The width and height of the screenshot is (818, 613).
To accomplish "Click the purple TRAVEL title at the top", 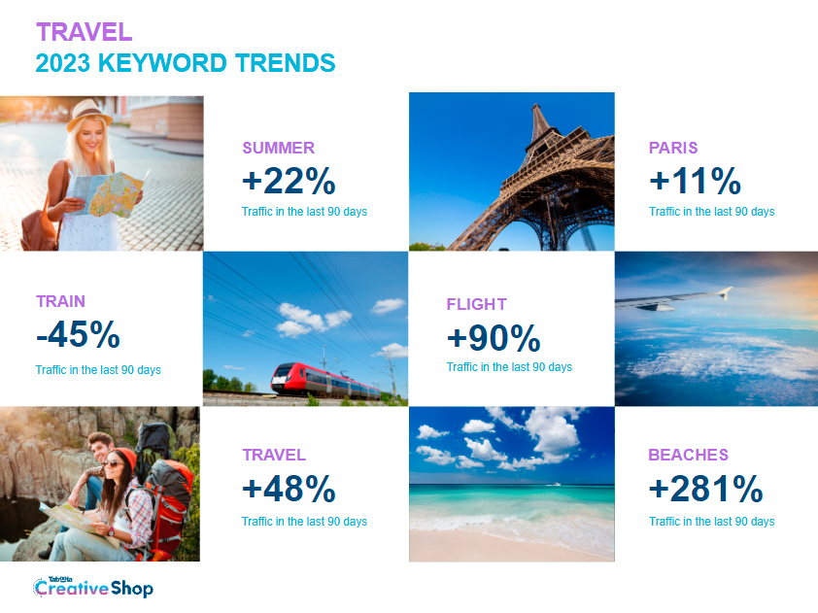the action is point(84,32).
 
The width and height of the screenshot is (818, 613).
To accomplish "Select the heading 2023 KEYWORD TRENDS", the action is point(186,63).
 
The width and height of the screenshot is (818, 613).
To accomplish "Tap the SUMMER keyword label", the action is point(279,148).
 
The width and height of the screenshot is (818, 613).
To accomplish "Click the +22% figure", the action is point(289,181).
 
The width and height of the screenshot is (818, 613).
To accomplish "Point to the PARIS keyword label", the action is point(673,148).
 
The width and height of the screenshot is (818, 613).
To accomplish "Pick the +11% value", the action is point(695,181).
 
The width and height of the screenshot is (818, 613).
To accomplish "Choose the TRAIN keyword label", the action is point(60,301).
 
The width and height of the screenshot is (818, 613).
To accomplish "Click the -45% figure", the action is point(79,334).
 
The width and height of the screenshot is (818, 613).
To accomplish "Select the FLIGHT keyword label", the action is point(476,304).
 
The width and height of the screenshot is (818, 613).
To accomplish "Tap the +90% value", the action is point(494,337).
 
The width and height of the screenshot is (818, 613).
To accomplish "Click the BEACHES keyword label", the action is point(688,455).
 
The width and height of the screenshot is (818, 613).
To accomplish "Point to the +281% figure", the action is point(706,489).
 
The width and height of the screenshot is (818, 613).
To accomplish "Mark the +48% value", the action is point(289,489).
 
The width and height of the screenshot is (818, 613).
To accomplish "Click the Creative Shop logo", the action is point(93,587).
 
